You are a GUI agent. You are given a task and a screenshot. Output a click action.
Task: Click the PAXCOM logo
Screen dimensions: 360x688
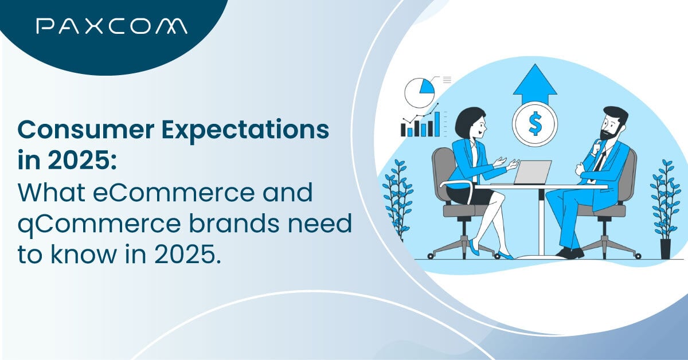point(110,26)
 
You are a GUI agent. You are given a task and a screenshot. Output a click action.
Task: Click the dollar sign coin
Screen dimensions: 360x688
point(534,124)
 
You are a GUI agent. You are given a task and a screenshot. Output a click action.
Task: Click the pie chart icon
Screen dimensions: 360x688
point(419,92)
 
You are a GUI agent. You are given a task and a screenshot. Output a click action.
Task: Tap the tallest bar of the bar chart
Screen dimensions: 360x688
point(437,124)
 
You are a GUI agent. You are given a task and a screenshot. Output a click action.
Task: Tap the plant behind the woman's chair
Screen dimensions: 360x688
point(397,198)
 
